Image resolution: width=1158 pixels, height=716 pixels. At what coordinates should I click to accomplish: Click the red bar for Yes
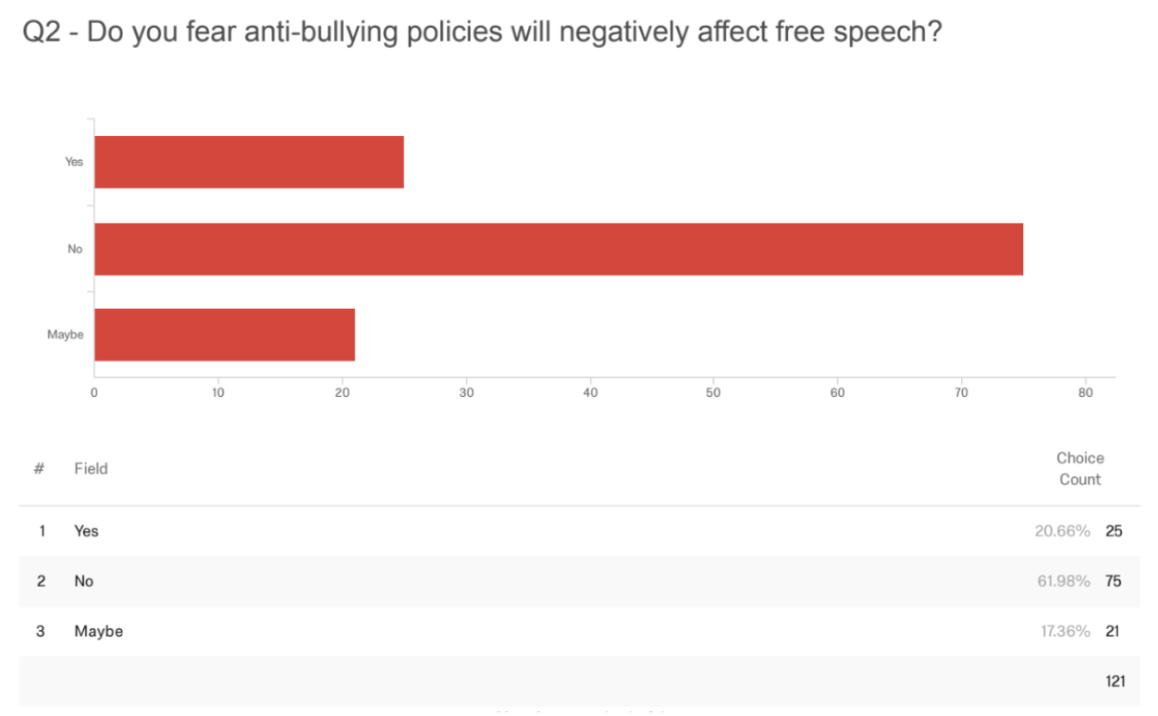tap(249, 162)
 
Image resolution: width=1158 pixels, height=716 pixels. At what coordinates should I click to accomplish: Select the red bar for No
tap(559, 249)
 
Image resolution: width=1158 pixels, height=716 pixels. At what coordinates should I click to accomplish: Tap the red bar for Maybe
tap(225, 335)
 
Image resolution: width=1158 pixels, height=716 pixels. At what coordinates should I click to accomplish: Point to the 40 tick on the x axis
tap(590, 392)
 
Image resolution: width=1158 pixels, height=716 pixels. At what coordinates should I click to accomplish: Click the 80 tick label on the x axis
tap(1086, 392)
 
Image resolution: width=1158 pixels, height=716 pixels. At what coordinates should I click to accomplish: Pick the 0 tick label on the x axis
tap(94, 392)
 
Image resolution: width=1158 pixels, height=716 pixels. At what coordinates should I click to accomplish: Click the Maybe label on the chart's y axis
tap(65, 335)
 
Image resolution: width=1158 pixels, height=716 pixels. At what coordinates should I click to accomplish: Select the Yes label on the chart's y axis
tap(74, 162)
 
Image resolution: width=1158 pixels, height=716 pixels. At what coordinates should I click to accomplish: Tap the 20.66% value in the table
tap(1063, 531)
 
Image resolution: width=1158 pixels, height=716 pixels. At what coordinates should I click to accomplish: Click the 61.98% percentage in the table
tap(1063, 581)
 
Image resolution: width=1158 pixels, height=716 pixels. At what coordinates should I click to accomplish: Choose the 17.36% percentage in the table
tap(1063, 631)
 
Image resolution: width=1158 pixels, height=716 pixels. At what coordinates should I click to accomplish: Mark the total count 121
tap(1115, 682)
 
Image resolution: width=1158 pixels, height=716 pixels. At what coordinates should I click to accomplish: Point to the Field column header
tap(91, 469)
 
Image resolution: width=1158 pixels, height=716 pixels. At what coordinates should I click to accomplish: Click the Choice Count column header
tap(1080, 469)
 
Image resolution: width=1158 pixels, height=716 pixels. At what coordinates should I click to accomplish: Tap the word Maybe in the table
tap(98, 631)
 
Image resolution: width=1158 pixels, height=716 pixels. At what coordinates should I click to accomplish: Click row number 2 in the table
tap(40, 581)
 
